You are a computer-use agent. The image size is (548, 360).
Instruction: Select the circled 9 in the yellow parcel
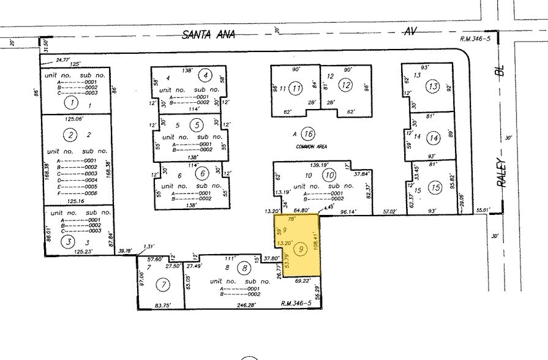pos(300,249)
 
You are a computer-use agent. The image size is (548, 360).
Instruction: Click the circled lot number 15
pos(435,187)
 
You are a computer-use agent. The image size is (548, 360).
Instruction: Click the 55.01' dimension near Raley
pos(484,211)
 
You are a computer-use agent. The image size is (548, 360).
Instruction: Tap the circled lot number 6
pos(201,174)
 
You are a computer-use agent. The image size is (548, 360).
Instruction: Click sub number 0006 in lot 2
pos(91,193)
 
